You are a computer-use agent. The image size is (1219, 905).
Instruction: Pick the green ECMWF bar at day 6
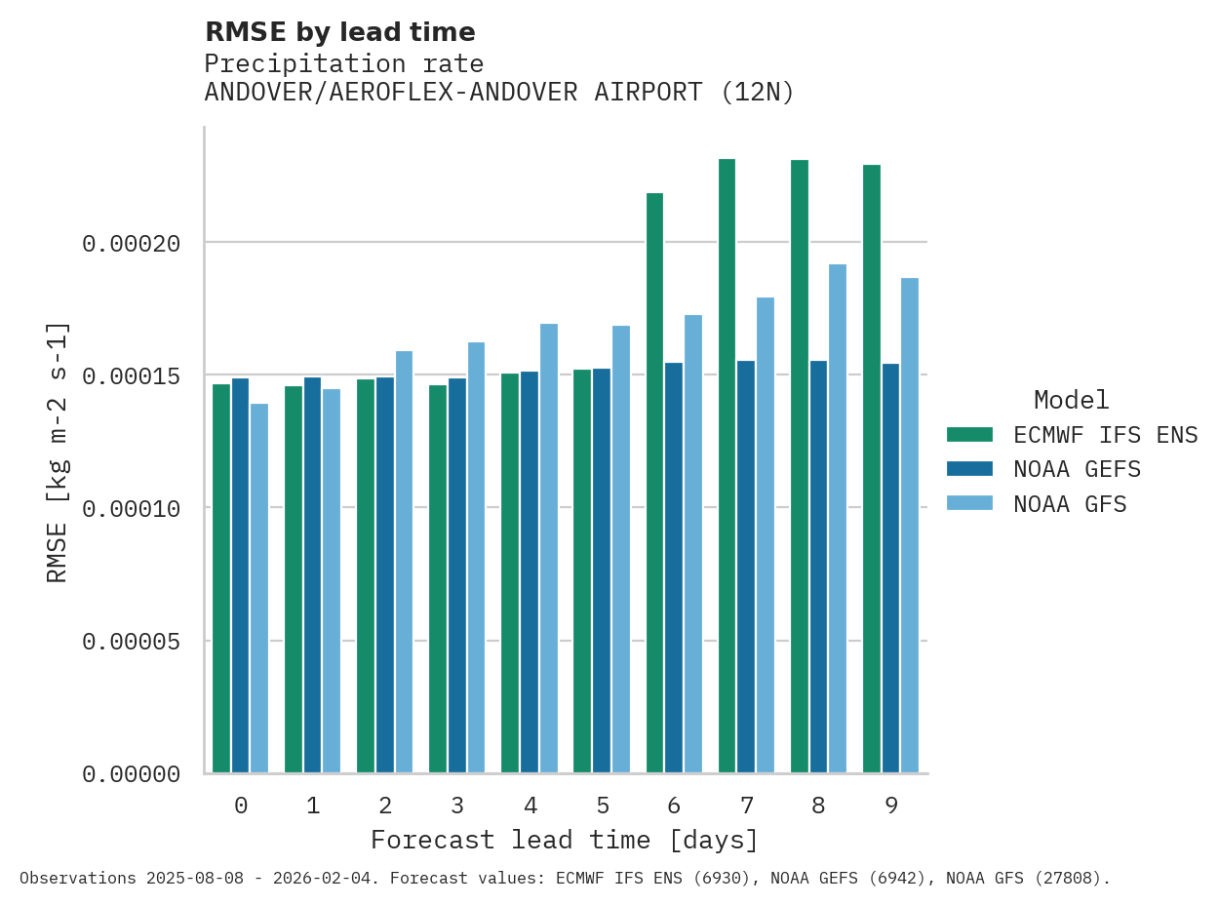(x=654, y=483)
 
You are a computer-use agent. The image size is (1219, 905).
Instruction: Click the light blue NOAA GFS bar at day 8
(x=838, y=518)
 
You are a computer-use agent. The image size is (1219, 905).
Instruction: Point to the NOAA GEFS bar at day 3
(x=457, y=575)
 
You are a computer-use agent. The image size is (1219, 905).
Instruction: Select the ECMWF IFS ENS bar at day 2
(x=366, y=575)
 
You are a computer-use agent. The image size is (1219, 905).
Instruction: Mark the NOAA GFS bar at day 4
(x=549, y=548)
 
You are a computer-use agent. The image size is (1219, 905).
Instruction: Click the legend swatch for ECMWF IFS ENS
(x=969, y=435)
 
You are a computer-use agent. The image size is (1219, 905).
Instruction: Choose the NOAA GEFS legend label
(x=1077, y=469)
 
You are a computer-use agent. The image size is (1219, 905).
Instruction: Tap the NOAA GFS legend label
(x=1070, y=504)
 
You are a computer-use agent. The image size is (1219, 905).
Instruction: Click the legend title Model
(x=1071, y=400)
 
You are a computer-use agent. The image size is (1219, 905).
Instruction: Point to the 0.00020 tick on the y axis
(x=132, y=243)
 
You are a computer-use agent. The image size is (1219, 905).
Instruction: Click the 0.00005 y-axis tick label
(x=132, y=642)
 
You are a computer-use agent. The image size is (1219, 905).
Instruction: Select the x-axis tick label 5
(x=603, y=806)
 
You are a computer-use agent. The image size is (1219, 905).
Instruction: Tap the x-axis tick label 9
(x=891, y=806)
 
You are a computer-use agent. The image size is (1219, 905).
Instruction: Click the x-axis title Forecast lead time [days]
(x=565, y=840)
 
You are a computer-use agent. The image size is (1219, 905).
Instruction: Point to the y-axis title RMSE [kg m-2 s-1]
(x=58, y=452)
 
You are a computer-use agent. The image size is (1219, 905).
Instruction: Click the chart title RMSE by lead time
(x=340, y=32)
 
